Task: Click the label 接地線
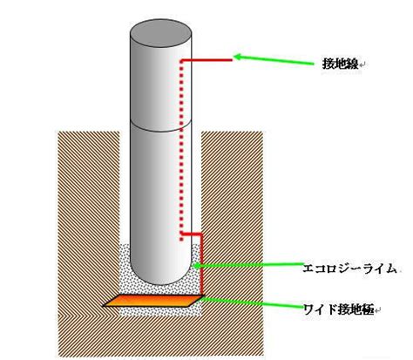point(341,64)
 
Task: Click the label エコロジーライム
point(349,268)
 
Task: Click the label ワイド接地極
point(339,309)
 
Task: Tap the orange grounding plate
point(154,301)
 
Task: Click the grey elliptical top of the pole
point(160,34)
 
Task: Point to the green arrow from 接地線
point(274,59)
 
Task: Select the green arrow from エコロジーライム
point(247,265)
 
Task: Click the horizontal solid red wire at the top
point(206,60)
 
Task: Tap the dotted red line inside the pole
point(181,150)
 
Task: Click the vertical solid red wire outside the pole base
point(201,264)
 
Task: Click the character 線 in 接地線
point(352,64)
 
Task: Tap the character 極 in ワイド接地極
point(368,309)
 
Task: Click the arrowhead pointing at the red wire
point(238,57)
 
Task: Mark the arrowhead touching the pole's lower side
point(197,265)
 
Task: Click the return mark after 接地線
point(362,65)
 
